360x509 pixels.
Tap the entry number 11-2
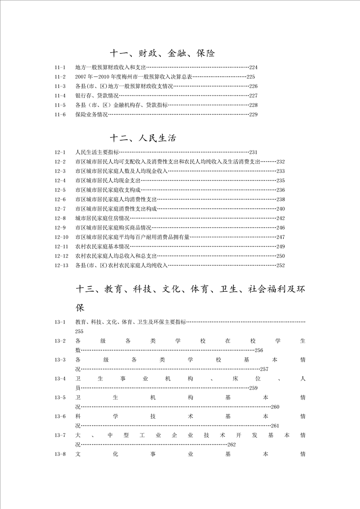point(60,77)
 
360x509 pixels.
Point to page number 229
point(253,115)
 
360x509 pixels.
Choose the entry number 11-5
point(60,105)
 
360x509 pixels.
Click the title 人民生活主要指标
point(97,152)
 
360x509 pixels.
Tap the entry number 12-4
point(60,181)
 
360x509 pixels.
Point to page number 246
point(280,228)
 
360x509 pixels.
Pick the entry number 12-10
point(61,237)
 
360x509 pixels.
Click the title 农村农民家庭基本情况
point(103,247)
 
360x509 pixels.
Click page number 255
point(79,332)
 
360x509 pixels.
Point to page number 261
point(275,426)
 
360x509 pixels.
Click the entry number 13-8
point(60,454)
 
